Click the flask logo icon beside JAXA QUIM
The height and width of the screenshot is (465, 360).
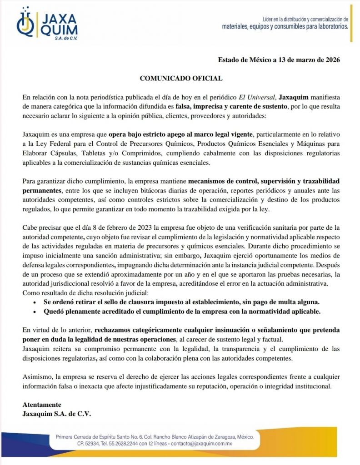click(26, 23)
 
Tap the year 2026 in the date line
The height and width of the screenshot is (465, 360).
click(331, 59)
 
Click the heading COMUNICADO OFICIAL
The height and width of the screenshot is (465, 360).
click(181, 78)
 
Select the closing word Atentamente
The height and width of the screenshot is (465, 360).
click(42, 405)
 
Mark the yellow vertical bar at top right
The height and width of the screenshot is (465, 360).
click(351, 23)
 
